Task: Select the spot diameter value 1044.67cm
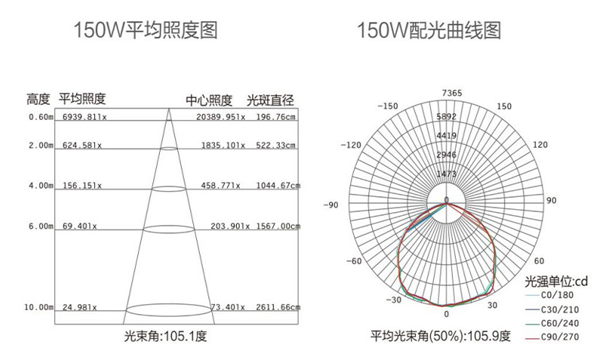tap(278, 185)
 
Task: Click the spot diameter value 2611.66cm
tap(278, 308)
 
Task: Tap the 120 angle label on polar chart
tap(540, 144)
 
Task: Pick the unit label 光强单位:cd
tap(556, 281)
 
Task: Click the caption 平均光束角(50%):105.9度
tap(440, 337)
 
